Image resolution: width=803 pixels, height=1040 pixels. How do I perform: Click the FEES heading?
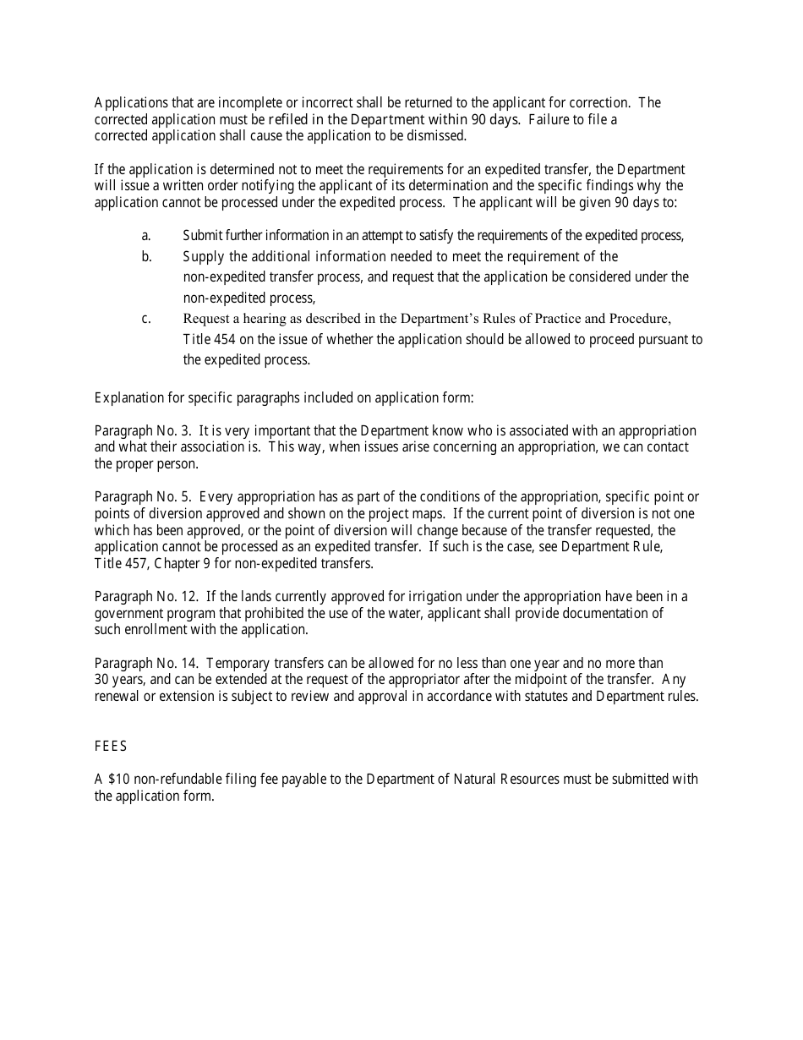pos(111,747)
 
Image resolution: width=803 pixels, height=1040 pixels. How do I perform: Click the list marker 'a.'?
pos(146,236)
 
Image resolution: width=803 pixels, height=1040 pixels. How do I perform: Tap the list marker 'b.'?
pos(146,256)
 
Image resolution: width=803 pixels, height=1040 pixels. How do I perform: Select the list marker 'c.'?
pos(146,319)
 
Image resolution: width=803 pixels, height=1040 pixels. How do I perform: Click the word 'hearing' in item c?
pos(265,319)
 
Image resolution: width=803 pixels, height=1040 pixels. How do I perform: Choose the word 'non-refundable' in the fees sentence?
pos(175,779)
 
